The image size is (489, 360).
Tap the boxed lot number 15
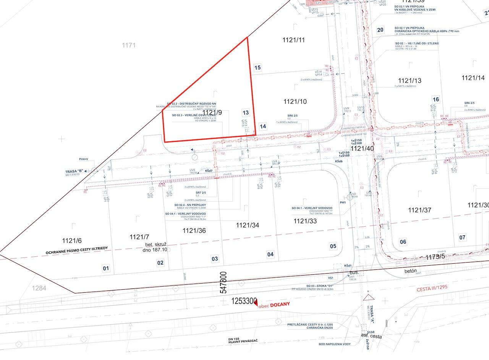click(257, 68)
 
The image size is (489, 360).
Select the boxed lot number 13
click(246, 113)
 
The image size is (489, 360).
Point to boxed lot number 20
click(380, 30)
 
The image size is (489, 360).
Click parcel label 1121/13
click(410, 81)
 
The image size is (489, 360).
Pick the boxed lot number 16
click(436, 100)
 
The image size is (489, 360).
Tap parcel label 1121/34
click(248, 225)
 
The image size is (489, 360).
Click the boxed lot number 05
click(333, 246)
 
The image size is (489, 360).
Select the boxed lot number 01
click(106, 268)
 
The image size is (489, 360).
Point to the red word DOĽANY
click(280, 304)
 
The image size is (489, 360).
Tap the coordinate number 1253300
click(244, 302)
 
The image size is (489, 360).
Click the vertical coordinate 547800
click(223, 283)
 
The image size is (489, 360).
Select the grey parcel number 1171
click(129, 45)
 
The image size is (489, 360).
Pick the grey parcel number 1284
click(39, 288)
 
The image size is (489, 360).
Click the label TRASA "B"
click(74, 172)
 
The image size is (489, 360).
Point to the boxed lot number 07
click(463, 238)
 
